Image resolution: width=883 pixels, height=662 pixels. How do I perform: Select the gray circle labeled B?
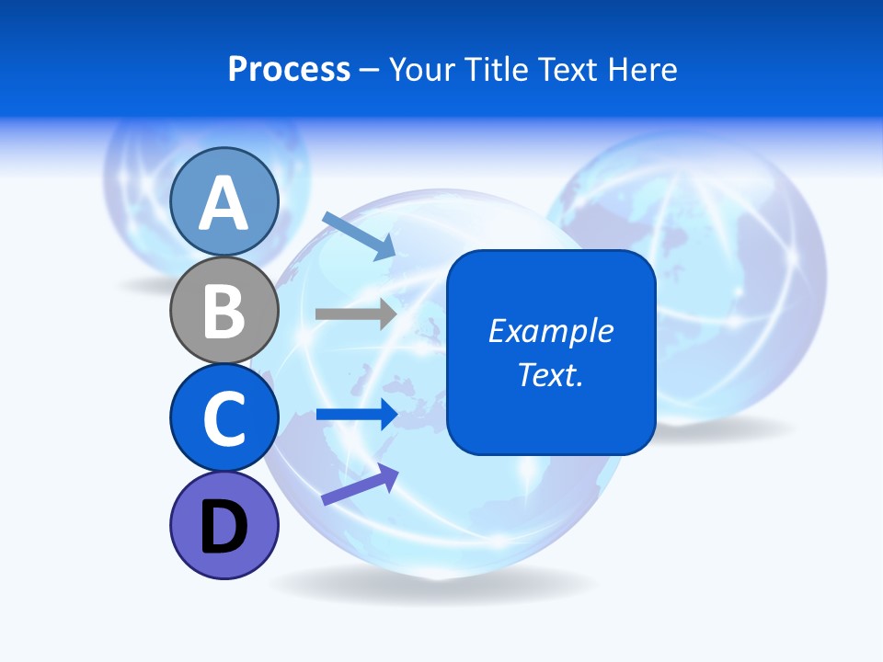tap(224, 310)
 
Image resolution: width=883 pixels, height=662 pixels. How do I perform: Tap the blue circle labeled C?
tap(224, 417)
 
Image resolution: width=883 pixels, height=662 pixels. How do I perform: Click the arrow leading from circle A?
tap(359, 234)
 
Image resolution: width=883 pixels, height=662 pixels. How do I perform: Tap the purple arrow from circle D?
tap(360, 485)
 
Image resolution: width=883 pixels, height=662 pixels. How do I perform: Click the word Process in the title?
tap(289, 70)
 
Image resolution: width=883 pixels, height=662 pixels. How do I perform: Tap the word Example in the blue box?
tap(550, 331)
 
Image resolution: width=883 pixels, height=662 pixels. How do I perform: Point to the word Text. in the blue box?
tap(550, 374)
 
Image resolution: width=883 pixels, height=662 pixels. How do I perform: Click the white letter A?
tap(224, 203)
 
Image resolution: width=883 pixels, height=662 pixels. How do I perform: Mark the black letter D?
tap(224, 528)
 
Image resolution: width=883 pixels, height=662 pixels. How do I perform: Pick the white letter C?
tap(224, 418)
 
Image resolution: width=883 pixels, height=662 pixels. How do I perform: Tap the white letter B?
tap(224, 311)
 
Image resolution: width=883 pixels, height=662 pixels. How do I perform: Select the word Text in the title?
tap(568, 70)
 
